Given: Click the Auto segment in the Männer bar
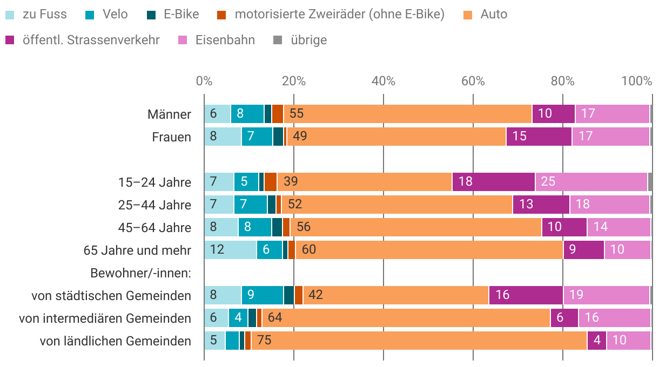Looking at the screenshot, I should tap(408, 114).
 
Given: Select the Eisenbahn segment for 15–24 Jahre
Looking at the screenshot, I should tap(591, 182).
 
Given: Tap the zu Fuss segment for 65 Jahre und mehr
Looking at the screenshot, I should tap(230, 250).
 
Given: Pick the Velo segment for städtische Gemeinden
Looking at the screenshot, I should tap(262, 295).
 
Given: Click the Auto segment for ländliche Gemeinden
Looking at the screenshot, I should tap(419, 341).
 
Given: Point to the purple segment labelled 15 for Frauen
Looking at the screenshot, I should tap(539, 137).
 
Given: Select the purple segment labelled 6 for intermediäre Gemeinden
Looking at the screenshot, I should tap(564, 318).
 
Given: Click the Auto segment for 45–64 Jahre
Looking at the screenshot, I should tap(415, 227).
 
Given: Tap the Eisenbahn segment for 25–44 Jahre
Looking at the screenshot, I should tap(609, 205).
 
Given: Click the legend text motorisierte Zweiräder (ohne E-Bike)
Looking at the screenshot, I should tap(339, 15).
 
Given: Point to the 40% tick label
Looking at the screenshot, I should tap(384, 81).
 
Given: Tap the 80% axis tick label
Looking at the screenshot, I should tap(563, 81).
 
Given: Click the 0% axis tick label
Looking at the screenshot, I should tap(204, 81).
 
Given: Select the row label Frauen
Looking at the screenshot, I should tap(171, 137).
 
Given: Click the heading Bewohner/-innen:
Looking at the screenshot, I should tap(141, 273).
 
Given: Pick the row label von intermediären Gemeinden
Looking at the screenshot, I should tap(105, 318).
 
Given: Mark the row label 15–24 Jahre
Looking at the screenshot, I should tap(154, 182).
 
